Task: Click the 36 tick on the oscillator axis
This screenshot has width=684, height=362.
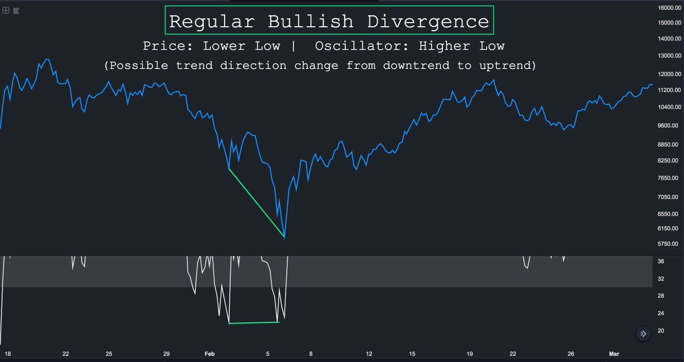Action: pos(661,261)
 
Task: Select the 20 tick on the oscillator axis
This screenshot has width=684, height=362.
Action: pos(661,331)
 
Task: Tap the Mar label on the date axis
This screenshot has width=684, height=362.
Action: pos(613,354)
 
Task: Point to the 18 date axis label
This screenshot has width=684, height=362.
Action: pos(7,354)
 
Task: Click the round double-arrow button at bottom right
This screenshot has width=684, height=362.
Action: pos(643,334)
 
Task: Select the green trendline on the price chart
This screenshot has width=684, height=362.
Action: pos(256,202)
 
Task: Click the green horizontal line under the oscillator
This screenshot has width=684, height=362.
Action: pos(254,323)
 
